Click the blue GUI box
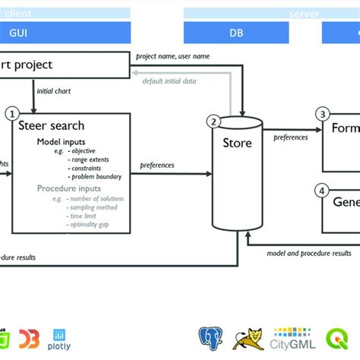(46, 33)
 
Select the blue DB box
(238, 33)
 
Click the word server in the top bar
(304, 14)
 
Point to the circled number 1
(11, 113)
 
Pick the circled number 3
(323, 114)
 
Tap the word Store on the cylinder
(237, 143)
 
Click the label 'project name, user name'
(170, 56)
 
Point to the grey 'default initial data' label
(174, 80)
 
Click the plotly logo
(60, 336)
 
